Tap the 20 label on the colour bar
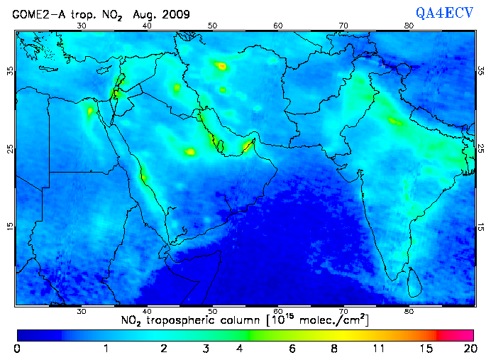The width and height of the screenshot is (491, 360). click(x=468, y=349)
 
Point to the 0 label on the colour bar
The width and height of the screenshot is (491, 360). click(x=17, y=349)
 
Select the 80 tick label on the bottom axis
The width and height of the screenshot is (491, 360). click(x=409, y=311)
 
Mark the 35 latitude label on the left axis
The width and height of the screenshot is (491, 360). click(x=9, y=71)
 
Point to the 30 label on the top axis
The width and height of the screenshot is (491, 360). click(x=82, y=26)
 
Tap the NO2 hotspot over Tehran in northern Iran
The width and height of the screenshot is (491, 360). click(x=221, y=66)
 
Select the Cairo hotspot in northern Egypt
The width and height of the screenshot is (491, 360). click(x=90, y=111)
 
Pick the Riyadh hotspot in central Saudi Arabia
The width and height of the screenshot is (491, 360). click(x=189, y=151)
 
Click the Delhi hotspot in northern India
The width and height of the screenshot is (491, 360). click(x=395, y=121)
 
